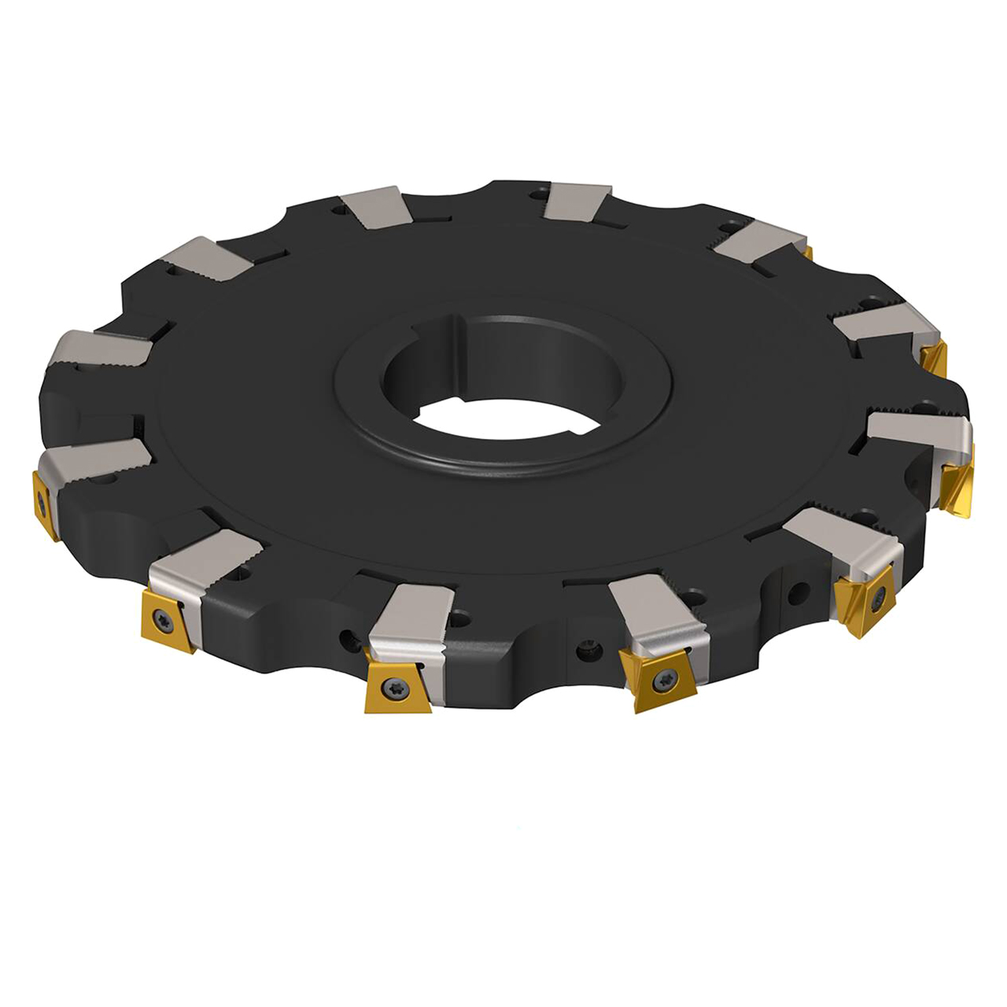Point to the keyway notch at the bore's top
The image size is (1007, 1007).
point(460,324)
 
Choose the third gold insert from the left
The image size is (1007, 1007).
point(395,689)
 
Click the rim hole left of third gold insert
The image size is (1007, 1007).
point(346,636)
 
